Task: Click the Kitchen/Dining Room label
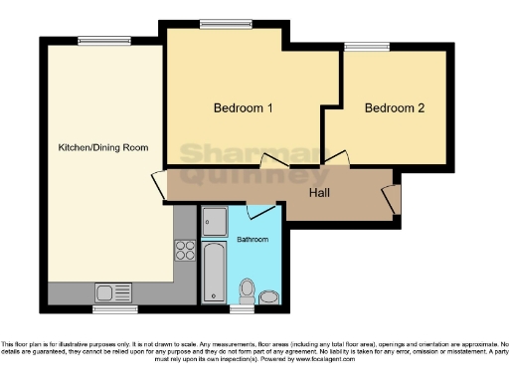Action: click(102, 147)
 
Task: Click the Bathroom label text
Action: click(253, 240)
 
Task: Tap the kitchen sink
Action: click(112, 291)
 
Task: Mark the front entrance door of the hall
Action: click(395, 197)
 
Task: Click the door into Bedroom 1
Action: click(270, 163)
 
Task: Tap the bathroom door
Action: click(260, 213)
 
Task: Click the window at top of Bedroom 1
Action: click(214, 24)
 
